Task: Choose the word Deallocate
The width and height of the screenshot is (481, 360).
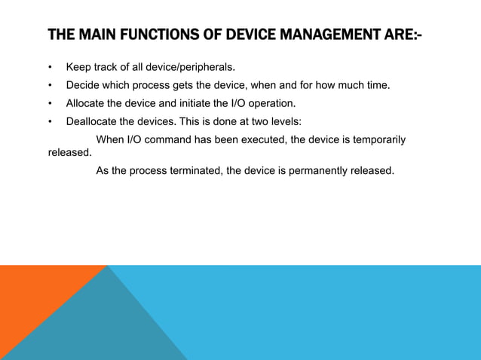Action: (x=94, y=121)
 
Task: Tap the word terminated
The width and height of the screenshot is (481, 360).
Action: (x=195, y=170)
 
